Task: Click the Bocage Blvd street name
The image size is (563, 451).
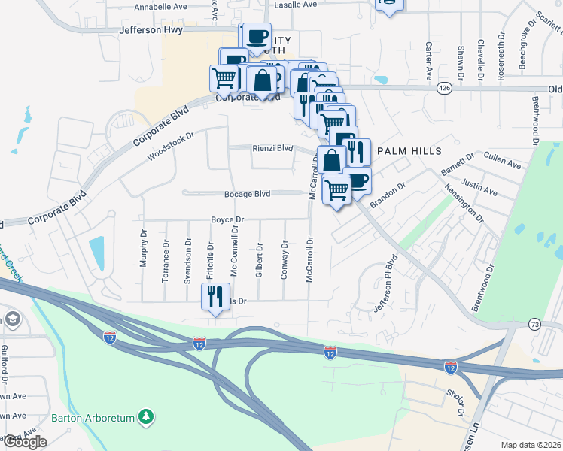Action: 247,194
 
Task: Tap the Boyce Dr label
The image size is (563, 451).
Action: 227,220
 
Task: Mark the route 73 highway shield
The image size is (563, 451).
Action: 534,324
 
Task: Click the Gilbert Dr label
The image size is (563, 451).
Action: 258,260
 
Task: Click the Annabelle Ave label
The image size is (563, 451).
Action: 160,6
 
